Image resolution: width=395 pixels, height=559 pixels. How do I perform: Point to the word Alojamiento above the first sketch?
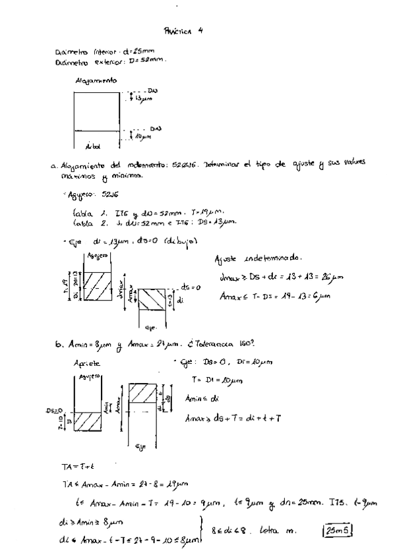coord(97,81)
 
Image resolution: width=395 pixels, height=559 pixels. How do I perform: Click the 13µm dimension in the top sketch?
coord(144,98)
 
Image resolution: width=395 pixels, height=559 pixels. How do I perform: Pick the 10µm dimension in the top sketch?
coord(144,136)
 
